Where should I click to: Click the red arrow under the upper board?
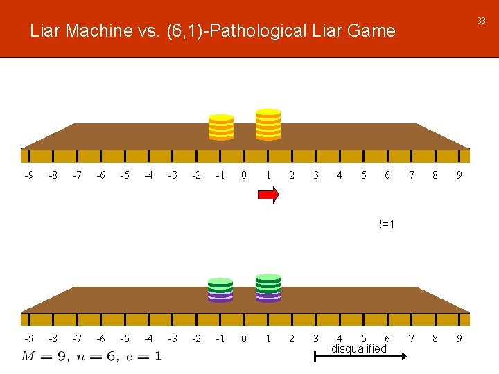point(268,196)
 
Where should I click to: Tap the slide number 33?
point(481,21)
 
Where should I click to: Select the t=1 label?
point(387,224)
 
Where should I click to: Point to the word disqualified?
point(358,349)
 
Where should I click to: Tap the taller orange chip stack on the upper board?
point(268,125)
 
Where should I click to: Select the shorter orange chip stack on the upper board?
point(221,127)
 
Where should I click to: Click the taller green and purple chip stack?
point(268,288)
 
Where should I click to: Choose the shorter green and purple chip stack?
point(220,290)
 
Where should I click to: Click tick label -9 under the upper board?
point(28,175)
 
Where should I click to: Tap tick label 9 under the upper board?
point(459,175)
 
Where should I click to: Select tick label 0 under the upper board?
point(243,175)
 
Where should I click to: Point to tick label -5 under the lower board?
point(124,339)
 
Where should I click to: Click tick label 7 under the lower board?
point(411,339)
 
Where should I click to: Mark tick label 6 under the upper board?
point(387,175)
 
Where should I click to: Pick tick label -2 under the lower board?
point(196,339)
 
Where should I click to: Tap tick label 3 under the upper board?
point(315,175)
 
